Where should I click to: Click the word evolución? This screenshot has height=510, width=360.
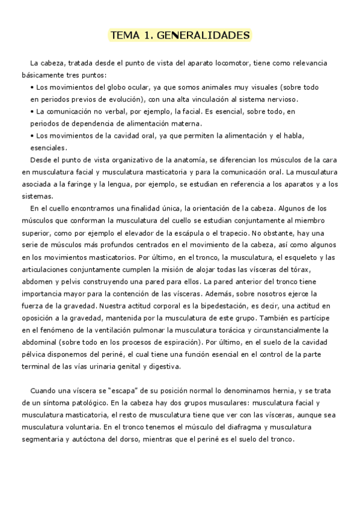(x=125, y=99)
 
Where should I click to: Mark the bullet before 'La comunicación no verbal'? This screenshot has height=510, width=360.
(x=32, y=111)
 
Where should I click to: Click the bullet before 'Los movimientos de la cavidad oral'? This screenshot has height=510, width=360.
(x=32, y=136)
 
